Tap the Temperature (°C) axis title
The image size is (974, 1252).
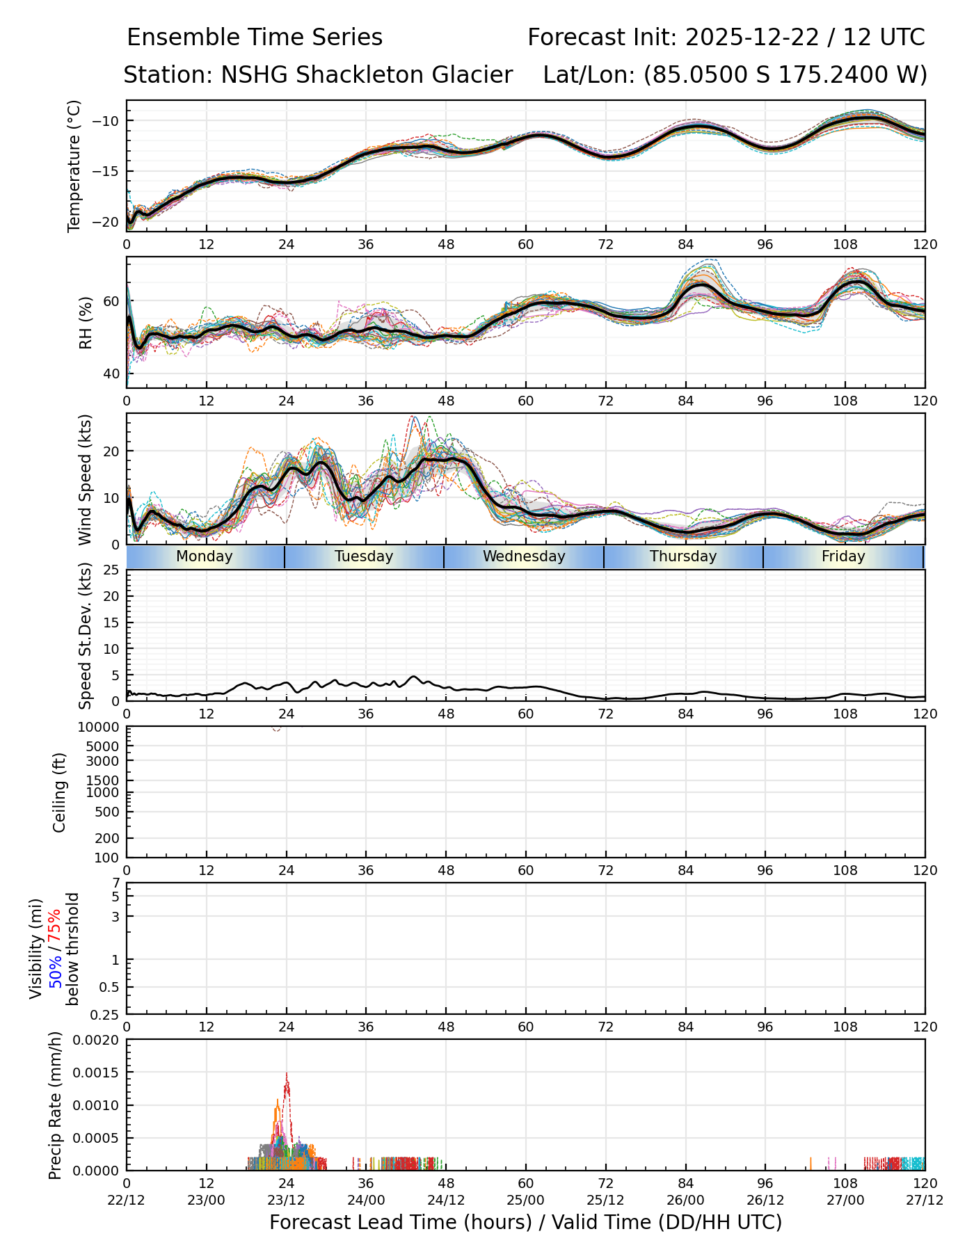pos(74,166)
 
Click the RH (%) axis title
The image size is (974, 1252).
pos(86,322)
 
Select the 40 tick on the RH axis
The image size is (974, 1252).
pos(111,374)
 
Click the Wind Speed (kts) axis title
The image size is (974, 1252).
pos(86,479)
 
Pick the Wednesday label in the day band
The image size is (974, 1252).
pos(524,556)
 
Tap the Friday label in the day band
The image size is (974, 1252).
pos(843,556)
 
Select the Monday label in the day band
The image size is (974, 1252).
pos(204,556)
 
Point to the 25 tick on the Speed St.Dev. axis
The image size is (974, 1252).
pos(111,570)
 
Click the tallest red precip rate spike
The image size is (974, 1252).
pos(287,1075)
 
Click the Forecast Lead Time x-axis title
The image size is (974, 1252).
pos(525,1222)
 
